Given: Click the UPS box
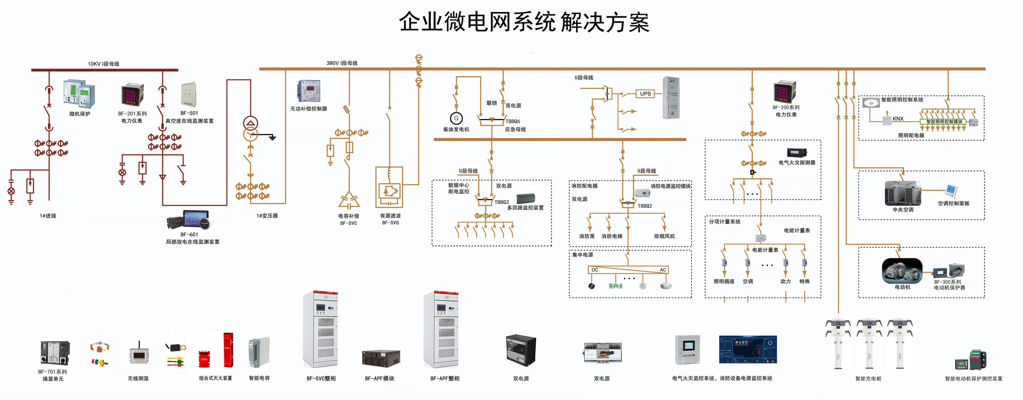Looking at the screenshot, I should [645, 94].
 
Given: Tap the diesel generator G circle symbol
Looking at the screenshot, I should [456, 118].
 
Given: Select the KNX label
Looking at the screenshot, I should [898, 119].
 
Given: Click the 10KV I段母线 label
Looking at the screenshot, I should [103, 64].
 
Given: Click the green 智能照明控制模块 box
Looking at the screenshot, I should [944, 122].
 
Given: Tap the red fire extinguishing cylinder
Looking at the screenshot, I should [228, 350].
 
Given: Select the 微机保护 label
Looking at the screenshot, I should [79, 114].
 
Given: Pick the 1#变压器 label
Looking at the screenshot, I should [267, 216].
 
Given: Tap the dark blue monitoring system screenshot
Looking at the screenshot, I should [747, 350].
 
